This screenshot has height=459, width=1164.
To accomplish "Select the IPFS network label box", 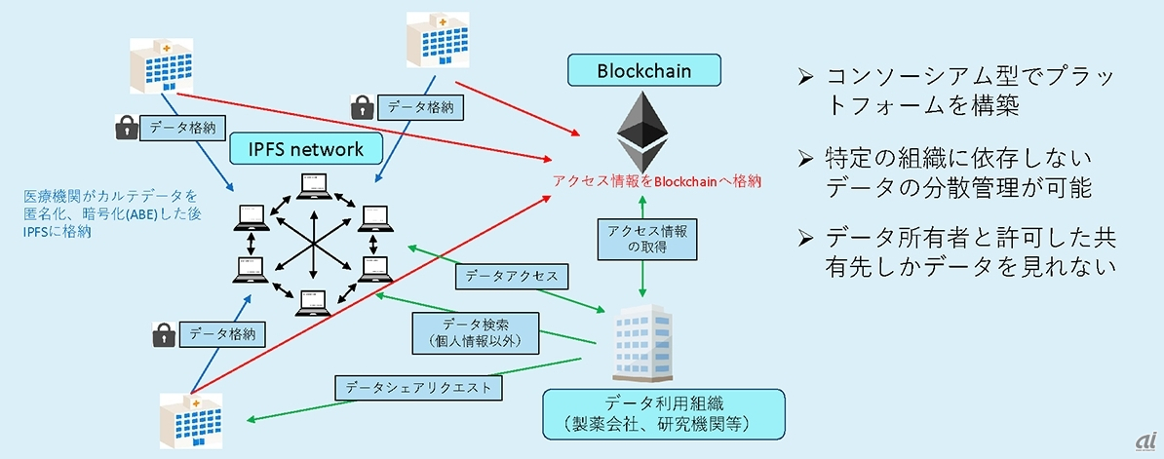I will pos(296,149).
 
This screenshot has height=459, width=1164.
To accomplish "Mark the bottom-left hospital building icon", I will pos(190,420).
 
